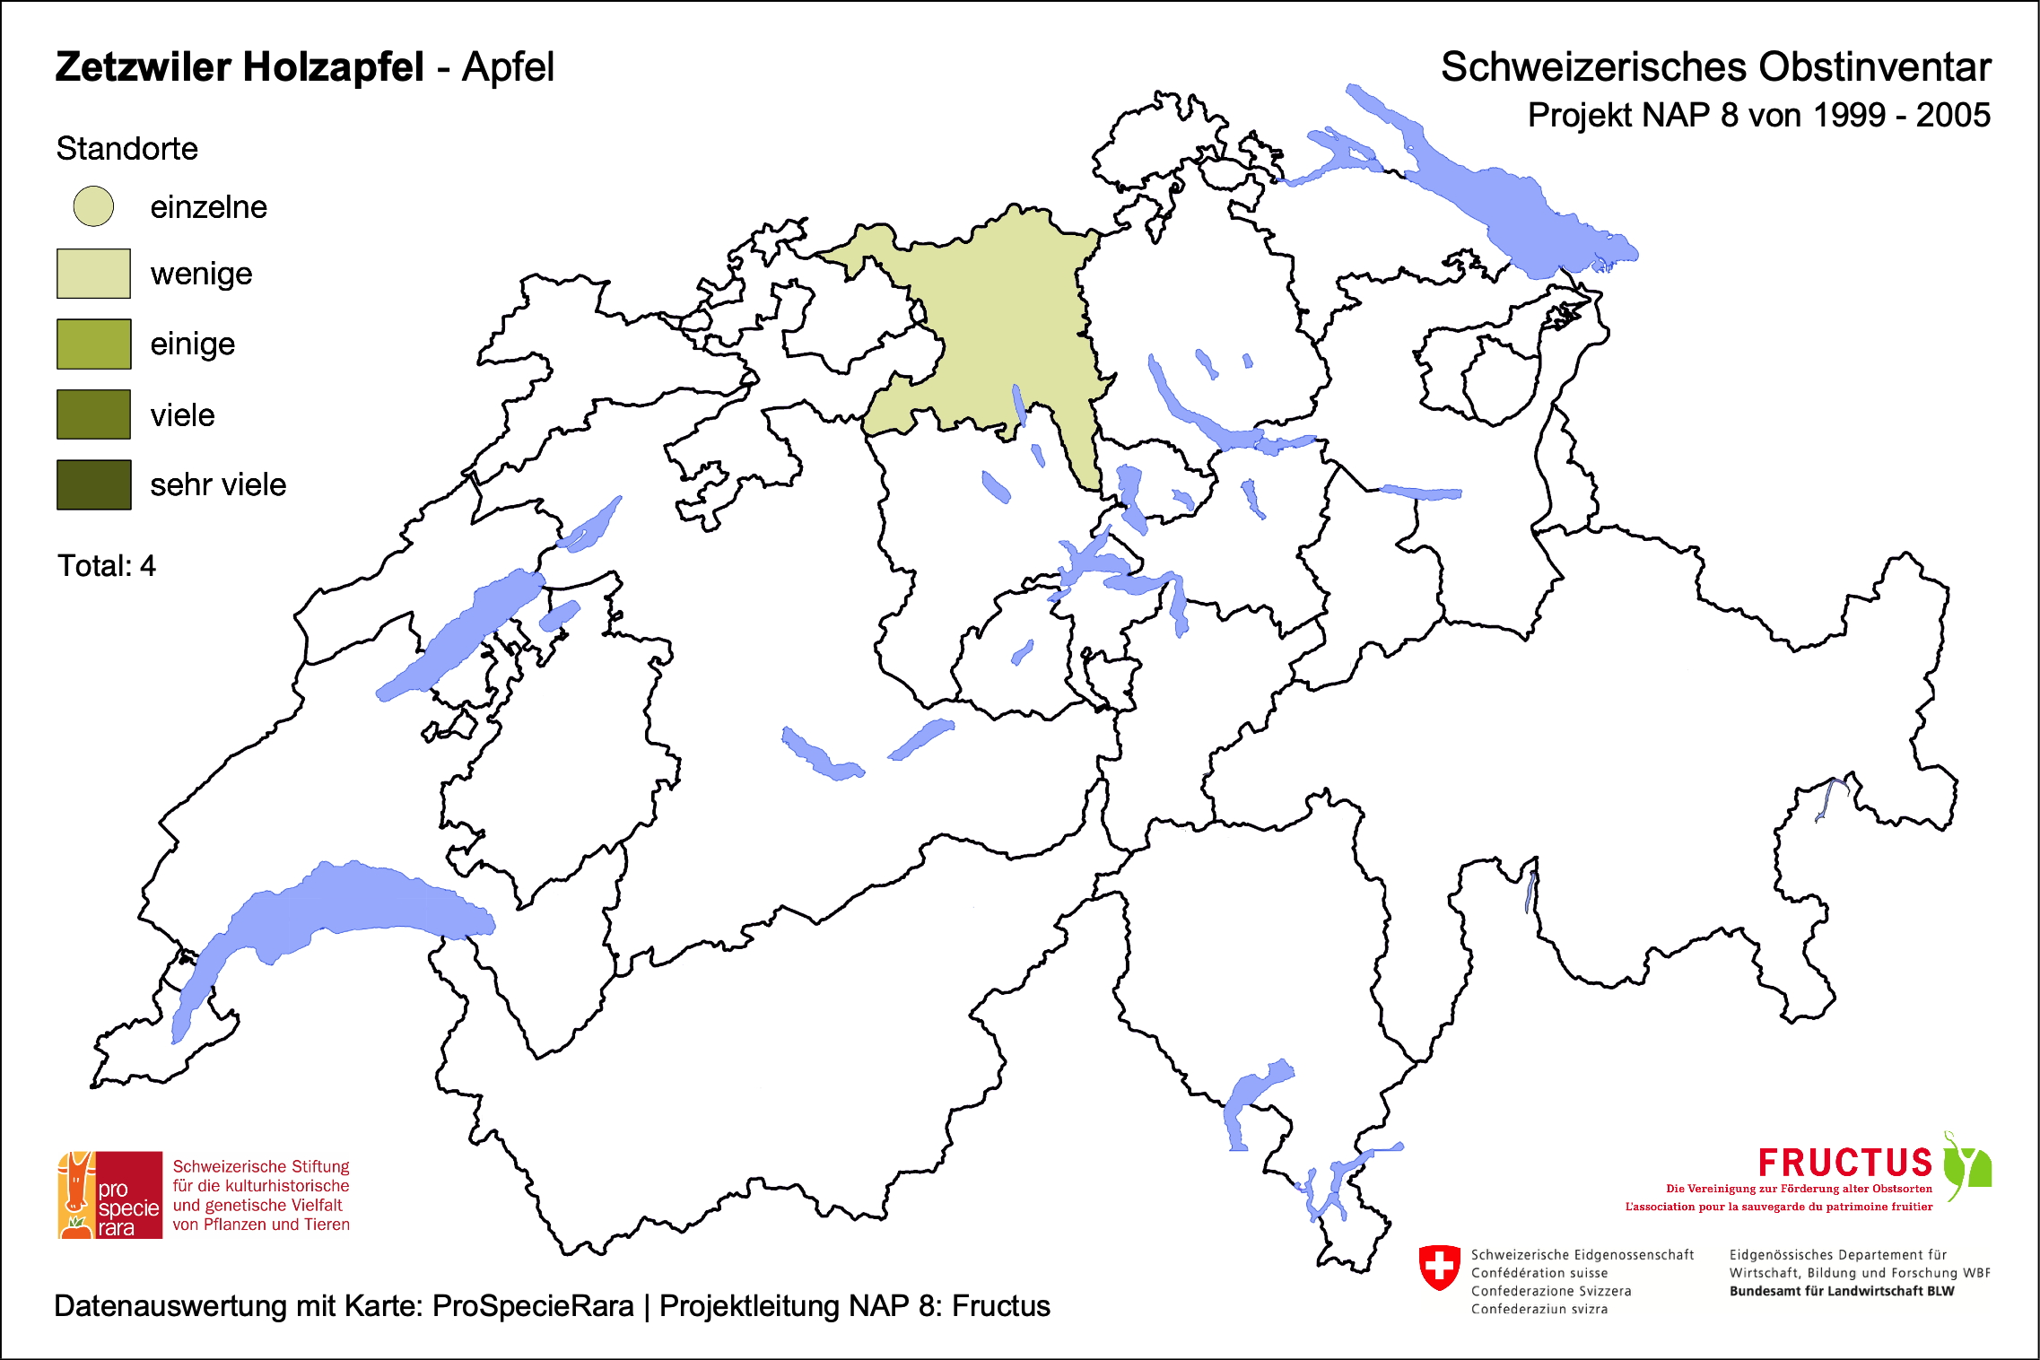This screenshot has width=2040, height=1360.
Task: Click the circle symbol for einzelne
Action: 93,206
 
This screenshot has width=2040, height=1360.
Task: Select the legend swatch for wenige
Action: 93,274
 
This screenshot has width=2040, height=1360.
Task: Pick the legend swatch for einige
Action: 93,344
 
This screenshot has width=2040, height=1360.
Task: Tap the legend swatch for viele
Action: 93,414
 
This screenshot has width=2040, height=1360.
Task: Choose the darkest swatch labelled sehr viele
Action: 93,484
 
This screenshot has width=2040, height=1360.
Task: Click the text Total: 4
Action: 106,566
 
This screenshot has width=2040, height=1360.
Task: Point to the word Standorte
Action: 126,149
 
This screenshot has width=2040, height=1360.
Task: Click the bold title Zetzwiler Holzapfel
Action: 240,67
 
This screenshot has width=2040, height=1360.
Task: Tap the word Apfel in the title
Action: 508,67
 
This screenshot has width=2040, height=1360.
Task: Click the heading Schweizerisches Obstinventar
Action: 1715,67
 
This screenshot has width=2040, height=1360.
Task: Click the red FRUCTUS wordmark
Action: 1844,1163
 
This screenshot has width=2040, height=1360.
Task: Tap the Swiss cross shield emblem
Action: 1439,1267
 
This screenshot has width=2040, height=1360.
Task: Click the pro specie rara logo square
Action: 110,1195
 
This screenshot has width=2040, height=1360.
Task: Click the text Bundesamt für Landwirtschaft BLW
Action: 1841,1291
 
